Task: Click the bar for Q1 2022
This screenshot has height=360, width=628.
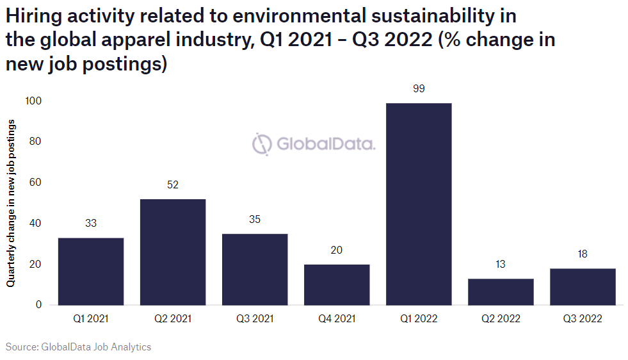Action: (x=419, y=204)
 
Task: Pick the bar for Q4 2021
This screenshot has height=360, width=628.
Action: (x=337, y=284)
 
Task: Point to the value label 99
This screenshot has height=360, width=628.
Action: (x=419, y=89)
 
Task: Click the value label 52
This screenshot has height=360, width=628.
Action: (x=173, y=185)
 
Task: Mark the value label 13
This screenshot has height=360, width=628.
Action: (x=501, y=265)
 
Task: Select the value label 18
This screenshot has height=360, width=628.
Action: (x=583, y=254)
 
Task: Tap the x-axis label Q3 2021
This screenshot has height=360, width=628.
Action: (x=255, y=318)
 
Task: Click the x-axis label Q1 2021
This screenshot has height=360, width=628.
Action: (x=91, y=318)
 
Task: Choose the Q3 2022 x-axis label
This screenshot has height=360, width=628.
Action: (x=583, y=318)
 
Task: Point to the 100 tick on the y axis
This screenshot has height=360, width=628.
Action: (x=33, y=101)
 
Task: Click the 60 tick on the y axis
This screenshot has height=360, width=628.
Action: (x=36, y=183)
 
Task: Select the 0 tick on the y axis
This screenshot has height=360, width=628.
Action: (x=38, y=305)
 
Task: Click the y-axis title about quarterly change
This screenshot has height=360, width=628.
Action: (x=12, y=202)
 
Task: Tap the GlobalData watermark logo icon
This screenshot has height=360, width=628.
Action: (x=262, y=144)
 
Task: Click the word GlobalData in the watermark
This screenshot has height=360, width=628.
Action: (x=325, y=144)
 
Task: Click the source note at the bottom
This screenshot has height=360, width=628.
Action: (x=79, y=347)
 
